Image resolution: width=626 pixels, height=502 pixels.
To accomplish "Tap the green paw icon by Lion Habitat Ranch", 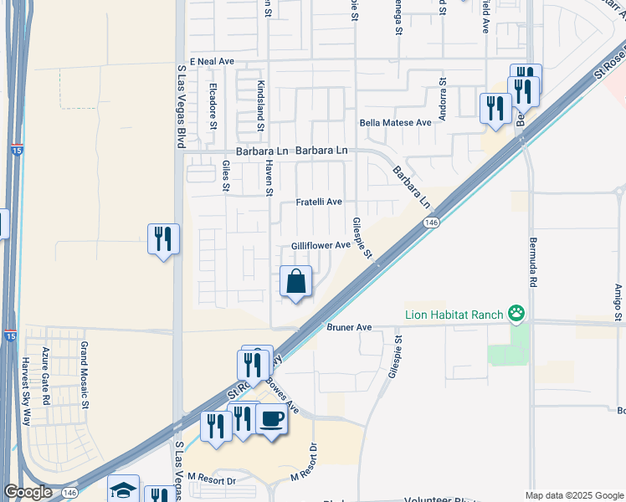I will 518,315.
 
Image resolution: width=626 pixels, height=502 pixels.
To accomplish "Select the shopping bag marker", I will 296,282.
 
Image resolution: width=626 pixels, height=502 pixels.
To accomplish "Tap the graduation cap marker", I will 124,491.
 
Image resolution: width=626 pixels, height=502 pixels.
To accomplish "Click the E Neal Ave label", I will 212,62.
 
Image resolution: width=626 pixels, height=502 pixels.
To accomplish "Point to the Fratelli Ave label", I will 319,202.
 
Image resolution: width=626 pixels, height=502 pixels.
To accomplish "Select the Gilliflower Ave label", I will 320,245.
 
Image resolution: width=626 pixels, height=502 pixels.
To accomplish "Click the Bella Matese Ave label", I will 395,122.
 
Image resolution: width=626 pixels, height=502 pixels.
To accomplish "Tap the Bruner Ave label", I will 348,327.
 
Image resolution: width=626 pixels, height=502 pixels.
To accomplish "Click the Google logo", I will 28,492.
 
